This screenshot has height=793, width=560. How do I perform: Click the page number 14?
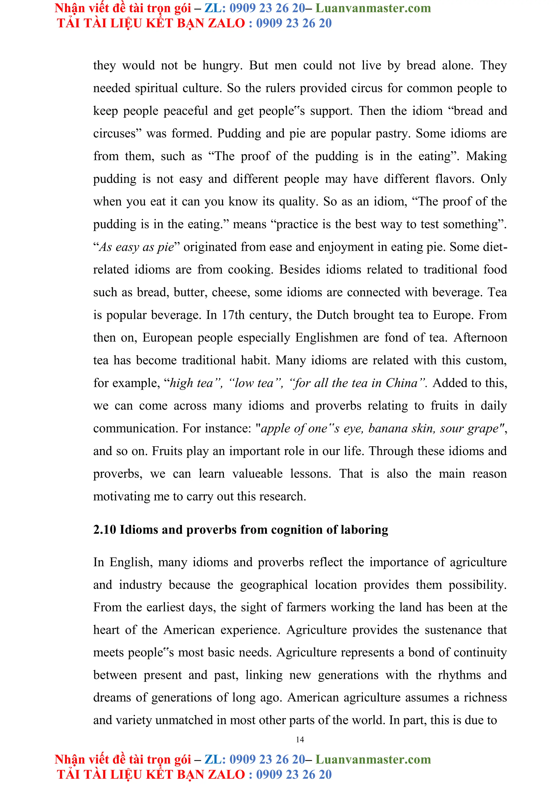(x=300, y=739)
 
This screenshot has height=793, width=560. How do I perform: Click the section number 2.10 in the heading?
(x=104, y=529)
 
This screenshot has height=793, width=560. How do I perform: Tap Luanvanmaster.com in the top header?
(x=373, y=8)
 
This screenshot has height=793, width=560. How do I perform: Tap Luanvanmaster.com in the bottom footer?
(x=373, y=759)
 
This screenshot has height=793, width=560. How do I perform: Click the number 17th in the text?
(x=233, y=315)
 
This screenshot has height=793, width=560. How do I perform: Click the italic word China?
(x=401, y=383)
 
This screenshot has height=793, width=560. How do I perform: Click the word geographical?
(x=274, y=585)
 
